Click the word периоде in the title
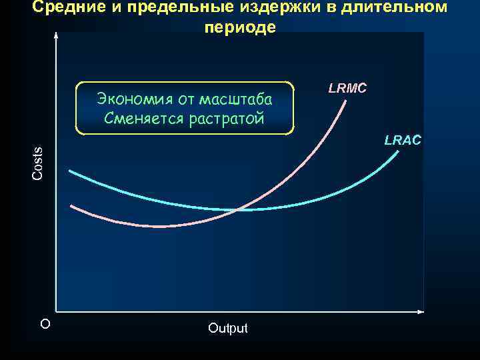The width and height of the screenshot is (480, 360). pos(239,29)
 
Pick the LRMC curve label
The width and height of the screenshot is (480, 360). pos(347,88)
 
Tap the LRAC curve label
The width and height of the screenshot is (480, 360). pos(403,140)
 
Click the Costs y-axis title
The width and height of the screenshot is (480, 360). pos(38,163)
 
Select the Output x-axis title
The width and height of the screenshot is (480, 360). pos(227,328)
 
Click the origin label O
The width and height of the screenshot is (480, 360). pos(45,324)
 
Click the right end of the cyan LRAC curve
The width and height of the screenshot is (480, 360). pos(399,152)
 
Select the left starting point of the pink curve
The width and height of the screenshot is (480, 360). pos(71,205)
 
